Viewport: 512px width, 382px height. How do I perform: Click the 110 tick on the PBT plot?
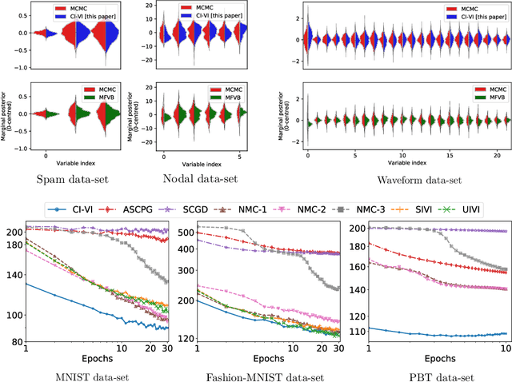[x=354, y=330]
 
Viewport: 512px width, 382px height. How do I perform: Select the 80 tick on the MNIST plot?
[x=16, y=342]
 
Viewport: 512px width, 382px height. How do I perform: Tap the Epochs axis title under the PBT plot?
[x=437, y=358]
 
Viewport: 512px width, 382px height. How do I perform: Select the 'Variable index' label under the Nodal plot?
[x=189, y=162]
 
